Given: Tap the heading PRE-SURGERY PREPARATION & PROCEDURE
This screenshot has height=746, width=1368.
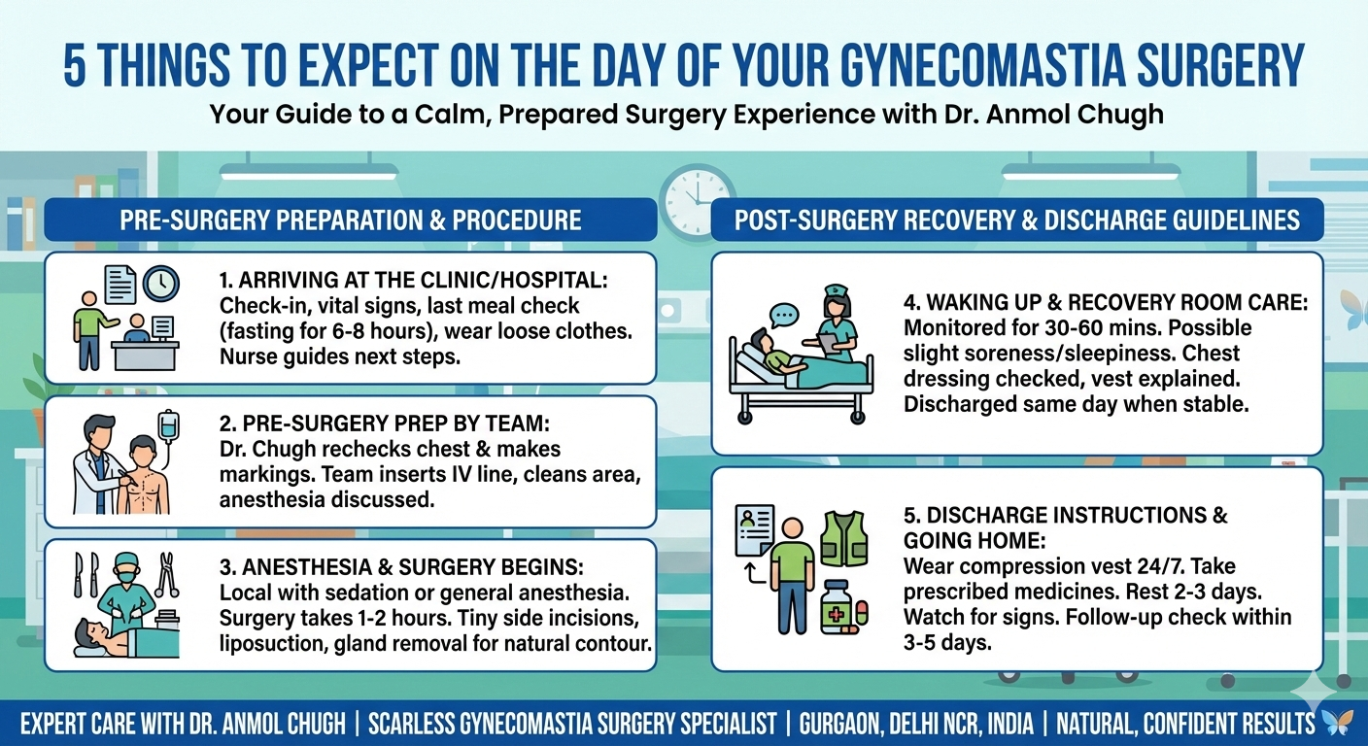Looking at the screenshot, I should click(x=350, y=220).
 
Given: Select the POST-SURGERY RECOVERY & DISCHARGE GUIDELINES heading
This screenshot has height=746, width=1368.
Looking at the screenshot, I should click(x=1016, y=220).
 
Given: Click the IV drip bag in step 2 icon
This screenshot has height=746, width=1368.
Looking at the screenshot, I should click(x=169, y=427).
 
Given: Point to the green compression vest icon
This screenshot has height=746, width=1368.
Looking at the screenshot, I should click(x=841, y=539).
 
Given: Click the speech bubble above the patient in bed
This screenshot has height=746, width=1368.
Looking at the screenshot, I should click(x=783, y=316).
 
